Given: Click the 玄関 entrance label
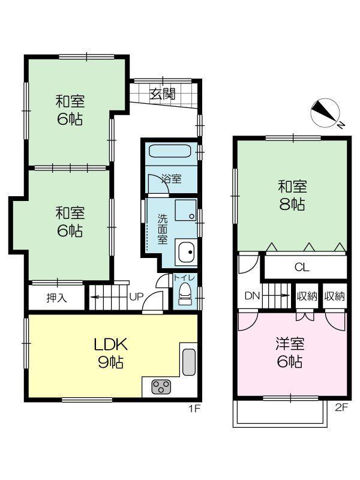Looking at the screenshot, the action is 163,94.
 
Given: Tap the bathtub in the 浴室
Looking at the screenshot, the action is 170,151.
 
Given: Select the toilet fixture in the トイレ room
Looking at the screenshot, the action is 185,294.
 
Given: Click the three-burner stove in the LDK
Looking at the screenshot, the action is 161,386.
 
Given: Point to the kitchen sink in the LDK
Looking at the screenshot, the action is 189,362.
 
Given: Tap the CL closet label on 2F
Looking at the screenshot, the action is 302,267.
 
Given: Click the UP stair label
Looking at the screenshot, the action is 136,296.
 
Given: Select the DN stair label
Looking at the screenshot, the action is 252,296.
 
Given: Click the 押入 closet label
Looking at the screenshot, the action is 56,298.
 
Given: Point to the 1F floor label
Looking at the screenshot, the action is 194,409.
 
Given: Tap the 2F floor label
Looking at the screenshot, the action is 341,407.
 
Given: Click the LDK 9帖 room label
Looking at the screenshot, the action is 111,353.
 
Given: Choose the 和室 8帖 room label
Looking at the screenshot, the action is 292,196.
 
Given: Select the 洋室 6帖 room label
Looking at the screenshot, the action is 290,353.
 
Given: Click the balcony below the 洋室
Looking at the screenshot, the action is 280,413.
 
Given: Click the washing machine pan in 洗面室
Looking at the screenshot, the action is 185,210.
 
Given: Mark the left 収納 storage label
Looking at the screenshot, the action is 307,296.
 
